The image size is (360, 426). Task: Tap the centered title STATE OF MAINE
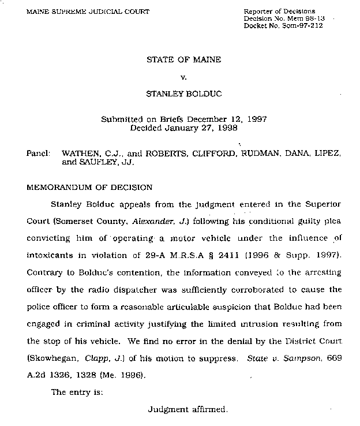coord(184,59)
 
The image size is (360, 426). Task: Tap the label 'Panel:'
coord(37,155)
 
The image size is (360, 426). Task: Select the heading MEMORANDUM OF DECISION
coord(90,187)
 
